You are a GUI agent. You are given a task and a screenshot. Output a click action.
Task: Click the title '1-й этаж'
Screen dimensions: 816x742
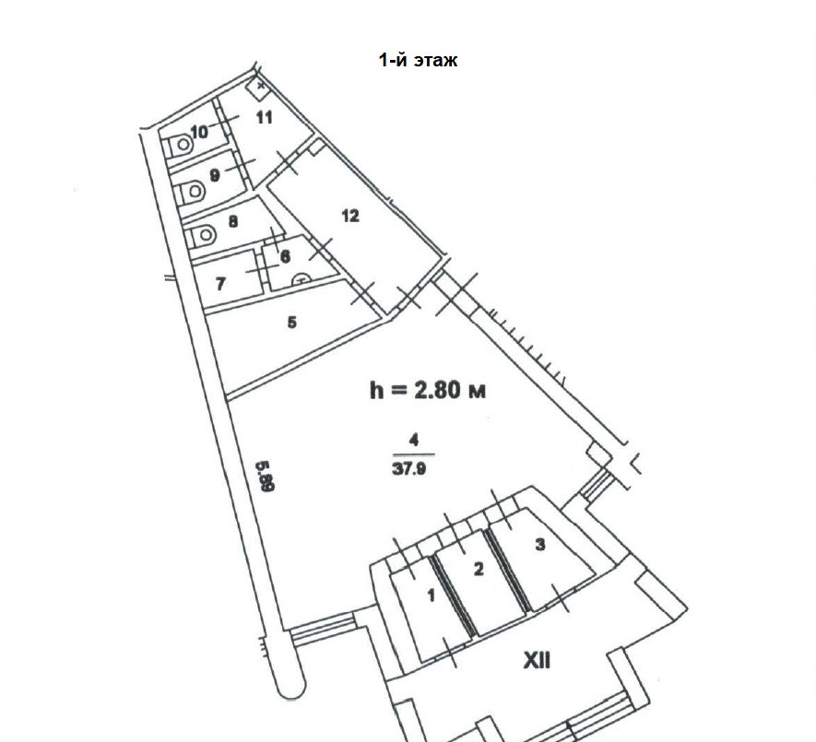coord(418,60)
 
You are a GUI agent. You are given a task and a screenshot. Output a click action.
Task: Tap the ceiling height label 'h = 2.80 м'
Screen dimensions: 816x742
coord(427,390)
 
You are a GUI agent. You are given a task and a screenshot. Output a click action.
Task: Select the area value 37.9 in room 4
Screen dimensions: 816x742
coord(409,469)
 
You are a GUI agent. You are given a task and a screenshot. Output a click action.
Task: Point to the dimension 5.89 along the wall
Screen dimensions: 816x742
coord(266,476)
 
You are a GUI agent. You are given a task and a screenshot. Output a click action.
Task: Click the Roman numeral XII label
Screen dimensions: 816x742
coord(537,662)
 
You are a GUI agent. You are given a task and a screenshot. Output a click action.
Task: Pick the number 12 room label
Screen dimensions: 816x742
coord(350,216)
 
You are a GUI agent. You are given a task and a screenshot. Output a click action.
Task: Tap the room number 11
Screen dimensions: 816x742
coord(265,117)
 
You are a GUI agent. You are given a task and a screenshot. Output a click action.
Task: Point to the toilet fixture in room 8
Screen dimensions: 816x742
coord(204,236)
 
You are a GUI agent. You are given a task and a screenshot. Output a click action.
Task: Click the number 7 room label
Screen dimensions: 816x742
coord(220,284)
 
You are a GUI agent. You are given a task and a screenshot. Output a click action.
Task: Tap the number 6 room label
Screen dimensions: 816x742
coord(285,256)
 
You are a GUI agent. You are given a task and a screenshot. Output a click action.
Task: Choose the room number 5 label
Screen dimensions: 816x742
coord(292,323)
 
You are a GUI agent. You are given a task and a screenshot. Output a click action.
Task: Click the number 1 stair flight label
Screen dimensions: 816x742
coord(431,595)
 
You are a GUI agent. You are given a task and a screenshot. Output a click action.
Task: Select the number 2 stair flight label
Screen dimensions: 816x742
coord(479,570)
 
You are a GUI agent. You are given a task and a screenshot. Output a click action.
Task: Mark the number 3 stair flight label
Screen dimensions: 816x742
coord(540,544)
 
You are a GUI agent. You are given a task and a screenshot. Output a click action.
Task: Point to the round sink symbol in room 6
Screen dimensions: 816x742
coord(302,280)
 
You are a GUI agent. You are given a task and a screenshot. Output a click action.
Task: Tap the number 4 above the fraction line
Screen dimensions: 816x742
coord(414,442)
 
